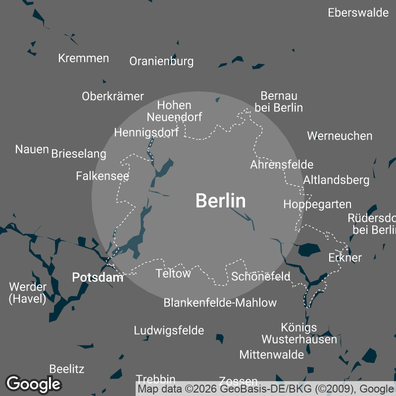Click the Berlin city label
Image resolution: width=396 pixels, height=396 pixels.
[220, 201]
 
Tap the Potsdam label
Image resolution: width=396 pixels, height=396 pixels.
[98, 278]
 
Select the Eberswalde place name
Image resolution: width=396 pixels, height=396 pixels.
[358, 13]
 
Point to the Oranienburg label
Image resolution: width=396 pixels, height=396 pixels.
[161, 61]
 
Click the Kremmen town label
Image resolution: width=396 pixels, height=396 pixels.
[84, 58]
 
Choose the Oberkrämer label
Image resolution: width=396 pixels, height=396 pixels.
[113, 97]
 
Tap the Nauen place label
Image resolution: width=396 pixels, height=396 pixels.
[32, 149]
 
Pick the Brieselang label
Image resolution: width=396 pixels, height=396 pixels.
[79, 153]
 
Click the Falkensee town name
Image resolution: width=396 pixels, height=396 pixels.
[102, 176]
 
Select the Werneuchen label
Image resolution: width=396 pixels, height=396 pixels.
[340, 136]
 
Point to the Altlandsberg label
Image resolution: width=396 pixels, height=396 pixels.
[337, 180]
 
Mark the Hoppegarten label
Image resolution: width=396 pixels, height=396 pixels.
[317, 204]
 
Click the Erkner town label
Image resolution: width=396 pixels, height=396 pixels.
[345, 257]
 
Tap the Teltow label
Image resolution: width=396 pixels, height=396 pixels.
[173, 273]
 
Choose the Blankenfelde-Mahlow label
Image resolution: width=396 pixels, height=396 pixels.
[220, 302]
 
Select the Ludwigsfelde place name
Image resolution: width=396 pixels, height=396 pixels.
[169, 330]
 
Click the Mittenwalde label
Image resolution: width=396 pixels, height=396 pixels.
[271, 354]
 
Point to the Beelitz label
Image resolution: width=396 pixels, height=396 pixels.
[67, 369]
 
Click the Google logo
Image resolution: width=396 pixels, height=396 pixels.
[33, 384]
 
